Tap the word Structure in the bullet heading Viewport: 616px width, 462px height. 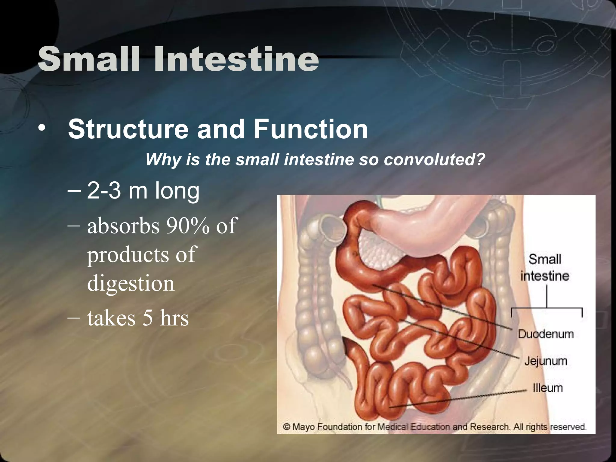tap(128, 129)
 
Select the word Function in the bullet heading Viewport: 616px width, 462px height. tap(311, 129)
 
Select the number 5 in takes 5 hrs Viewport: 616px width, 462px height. tap(147, 318)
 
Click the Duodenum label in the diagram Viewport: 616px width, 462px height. tap(546, 334)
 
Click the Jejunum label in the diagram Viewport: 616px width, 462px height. tap(546, 361)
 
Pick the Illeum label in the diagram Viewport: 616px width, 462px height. tap(547, 388)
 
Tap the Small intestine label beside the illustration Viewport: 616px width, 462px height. tap(545, 267)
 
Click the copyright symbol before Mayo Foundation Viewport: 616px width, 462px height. tap(288, 427)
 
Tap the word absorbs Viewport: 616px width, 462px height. tap(123, 226)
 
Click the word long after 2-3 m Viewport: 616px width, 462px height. tap(177, 191)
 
